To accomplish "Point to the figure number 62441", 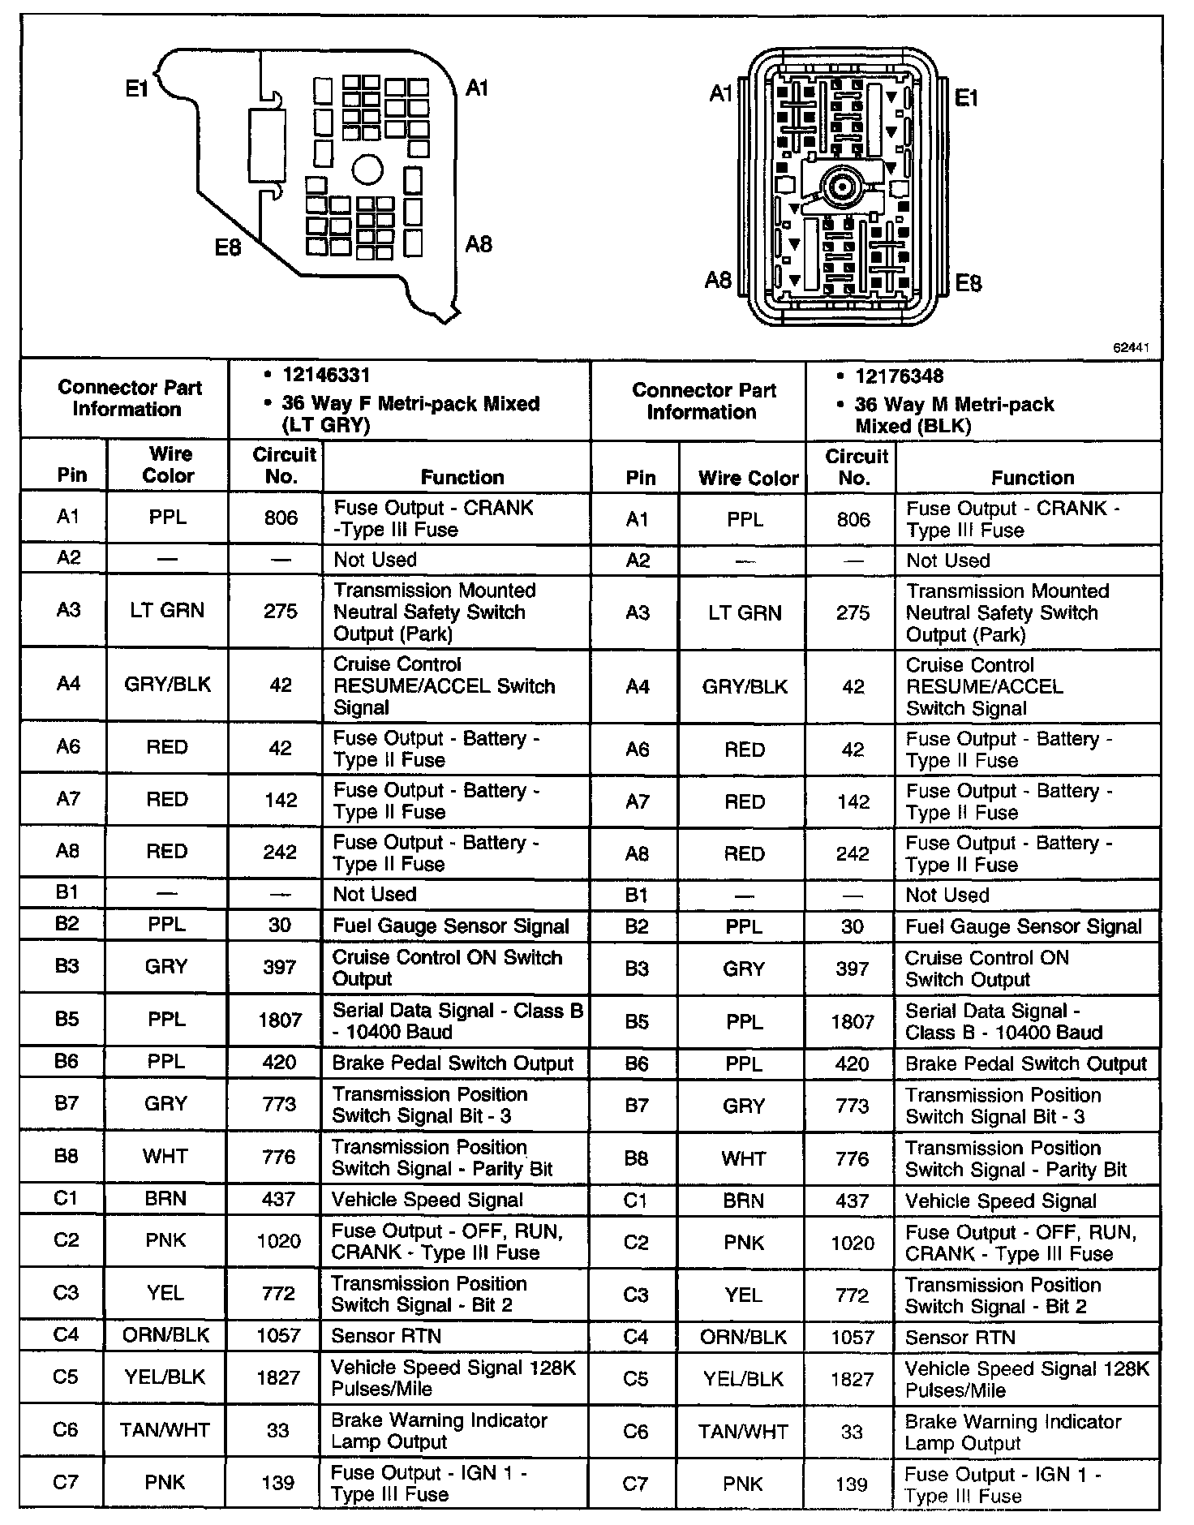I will [1131, 348].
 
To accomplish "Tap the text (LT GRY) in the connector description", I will [326, 425].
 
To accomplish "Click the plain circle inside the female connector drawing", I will [367, 170].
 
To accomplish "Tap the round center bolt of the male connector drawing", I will [842, 190].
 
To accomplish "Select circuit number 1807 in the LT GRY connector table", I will [280, 1020].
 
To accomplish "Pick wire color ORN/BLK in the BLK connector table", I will [743, 1337].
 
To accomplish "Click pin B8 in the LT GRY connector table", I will [67, 1156].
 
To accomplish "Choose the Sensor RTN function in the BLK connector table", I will [960, 1338].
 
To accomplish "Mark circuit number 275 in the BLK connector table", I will [853, 613].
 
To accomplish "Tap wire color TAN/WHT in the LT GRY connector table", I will [165, 1430].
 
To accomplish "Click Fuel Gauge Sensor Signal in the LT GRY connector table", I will [451, 926].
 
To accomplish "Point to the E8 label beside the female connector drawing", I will [228, 247].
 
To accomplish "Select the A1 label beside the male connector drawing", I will [721, 94].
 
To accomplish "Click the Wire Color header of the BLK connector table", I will [748, 479].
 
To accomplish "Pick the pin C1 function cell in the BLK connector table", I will [1000, 1201].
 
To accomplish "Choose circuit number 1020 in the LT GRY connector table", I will [278, 1241].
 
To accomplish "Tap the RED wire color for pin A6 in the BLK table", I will [745, 750].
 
